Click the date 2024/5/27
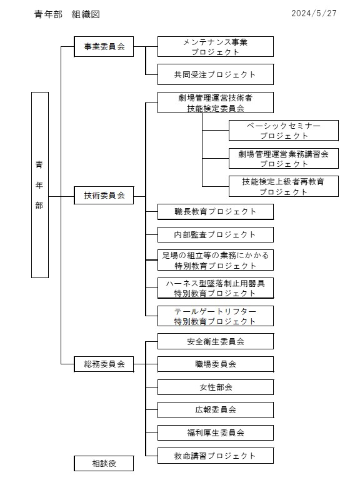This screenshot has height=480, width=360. [314, 14]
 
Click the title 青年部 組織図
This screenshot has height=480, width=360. [67, 14]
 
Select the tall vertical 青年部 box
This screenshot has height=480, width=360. [40, 185]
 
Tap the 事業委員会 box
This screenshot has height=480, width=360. [104, 46]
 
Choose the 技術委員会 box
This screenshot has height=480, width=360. [104, 195]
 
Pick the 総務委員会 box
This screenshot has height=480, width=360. [104, 364]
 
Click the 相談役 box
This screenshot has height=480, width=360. [104, 464]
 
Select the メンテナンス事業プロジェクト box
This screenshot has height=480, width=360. [216, 46]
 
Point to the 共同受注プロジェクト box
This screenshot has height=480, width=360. [216, 74]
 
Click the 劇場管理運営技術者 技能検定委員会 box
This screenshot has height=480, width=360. [216, 102]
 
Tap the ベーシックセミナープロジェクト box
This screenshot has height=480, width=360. [284, 131]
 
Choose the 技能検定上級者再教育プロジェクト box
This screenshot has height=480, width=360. [284, 186]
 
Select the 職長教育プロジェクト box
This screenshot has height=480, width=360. [216, 211]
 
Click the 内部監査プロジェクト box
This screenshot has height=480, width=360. [216, 235]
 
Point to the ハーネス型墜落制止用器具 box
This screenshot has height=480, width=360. [216, 288]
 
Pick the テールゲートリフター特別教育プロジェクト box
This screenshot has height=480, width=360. [216, 316]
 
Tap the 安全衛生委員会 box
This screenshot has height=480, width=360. [216, 341]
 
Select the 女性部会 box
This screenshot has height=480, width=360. [216, 387]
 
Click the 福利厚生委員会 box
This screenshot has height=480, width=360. [216, 433]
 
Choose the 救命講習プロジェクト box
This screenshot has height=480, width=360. [216, 456]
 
